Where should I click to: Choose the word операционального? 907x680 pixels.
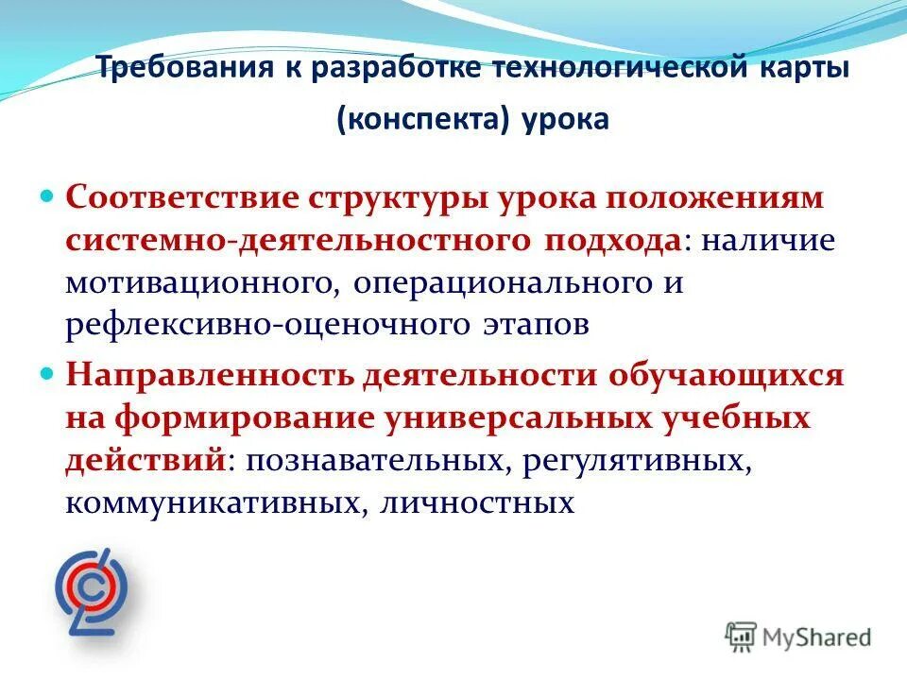click(x=497, y=283)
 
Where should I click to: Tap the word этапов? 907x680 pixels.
click(x=524, y=324)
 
